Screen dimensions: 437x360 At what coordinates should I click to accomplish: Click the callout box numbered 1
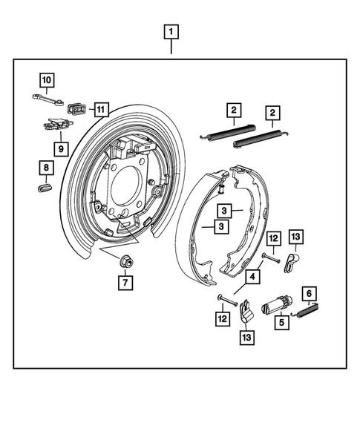point(171,32)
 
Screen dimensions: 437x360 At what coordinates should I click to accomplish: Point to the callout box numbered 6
point(308,295)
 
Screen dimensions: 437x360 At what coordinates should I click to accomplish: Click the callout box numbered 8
point(46,168)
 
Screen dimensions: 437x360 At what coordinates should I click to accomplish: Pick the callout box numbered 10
point(46,79)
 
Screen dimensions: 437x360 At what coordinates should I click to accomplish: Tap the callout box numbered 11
point(100,110)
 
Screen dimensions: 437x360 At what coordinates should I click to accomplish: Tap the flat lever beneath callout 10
point(46,97)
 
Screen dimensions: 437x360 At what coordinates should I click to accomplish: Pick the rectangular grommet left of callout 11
point(76,109)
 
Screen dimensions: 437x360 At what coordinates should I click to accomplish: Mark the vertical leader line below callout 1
point(171,47)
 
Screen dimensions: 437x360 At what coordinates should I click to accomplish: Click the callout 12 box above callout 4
point(273,239)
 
